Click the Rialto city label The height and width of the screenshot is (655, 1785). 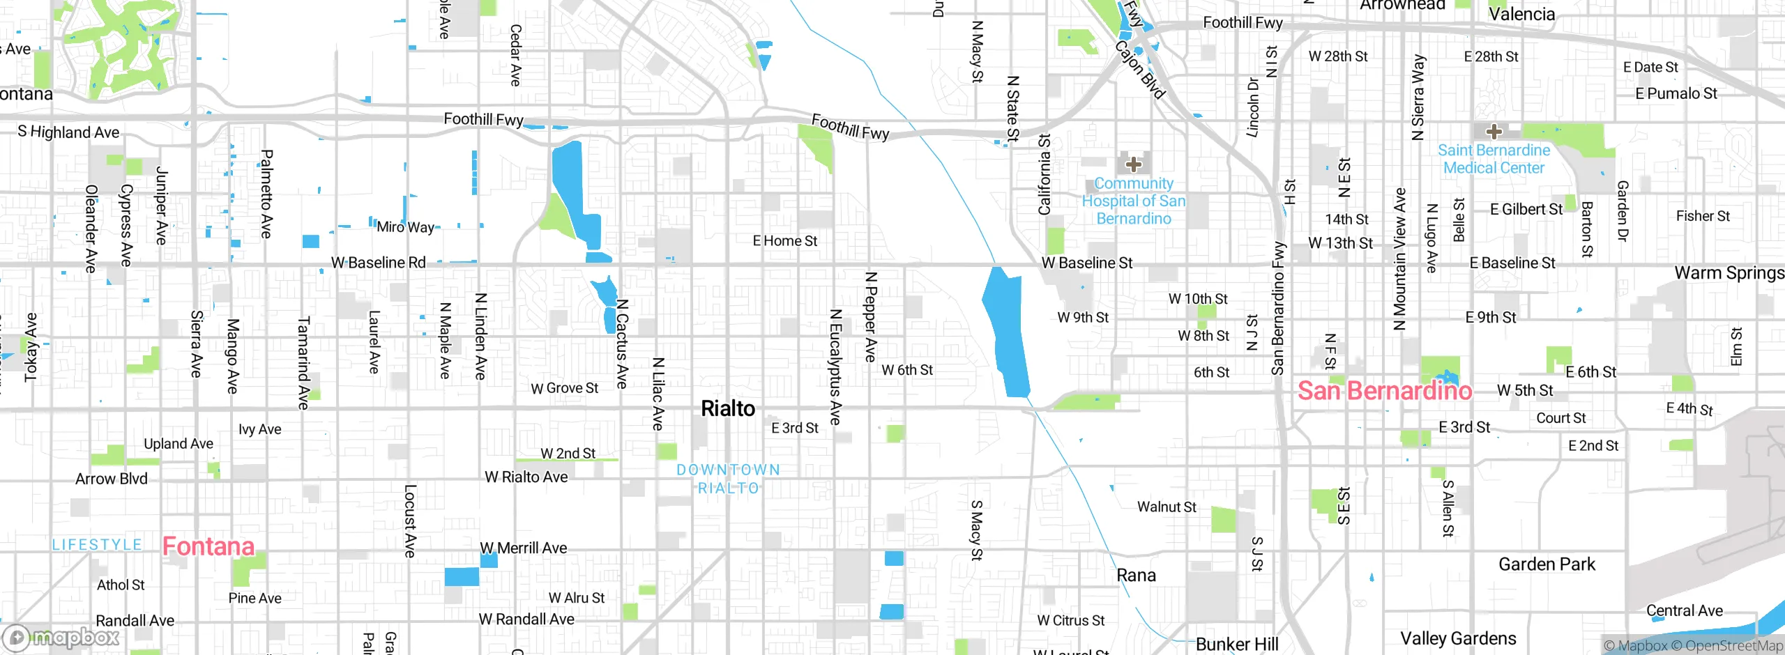(727, 408)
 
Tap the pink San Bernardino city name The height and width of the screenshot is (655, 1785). (1384, 391)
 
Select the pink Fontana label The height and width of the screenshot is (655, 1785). (208, 546)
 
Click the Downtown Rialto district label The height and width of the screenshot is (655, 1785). (728, 479)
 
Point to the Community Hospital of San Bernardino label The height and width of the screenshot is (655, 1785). (1133, 201)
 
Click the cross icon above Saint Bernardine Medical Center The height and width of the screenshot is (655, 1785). (1494, 131)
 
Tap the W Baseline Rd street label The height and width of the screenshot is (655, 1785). (378, 263)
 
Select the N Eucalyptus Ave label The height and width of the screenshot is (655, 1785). (835, 367)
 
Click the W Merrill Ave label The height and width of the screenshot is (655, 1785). (523, 548)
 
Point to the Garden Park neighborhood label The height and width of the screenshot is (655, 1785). (1547, 564)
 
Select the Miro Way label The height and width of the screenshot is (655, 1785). (405, 227)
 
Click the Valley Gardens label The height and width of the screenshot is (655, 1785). (1458, 638)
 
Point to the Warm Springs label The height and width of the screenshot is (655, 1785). (1729, 273)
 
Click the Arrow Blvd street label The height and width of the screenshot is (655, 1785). (112, 479)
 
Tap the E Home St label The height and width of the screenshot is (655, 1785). (784, 241)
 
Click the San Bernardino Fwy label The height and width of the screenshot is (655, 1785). (1277, 308)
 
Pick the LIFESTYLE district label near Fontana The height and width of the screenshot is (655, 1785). (97, 545)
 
